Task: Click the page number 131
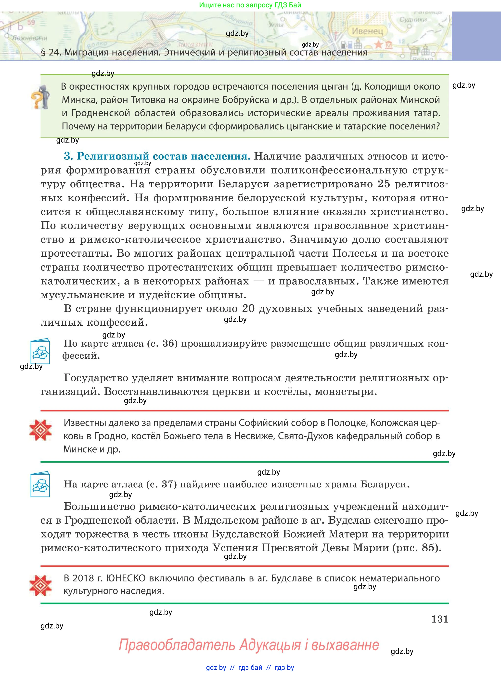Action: [x=439, y=619]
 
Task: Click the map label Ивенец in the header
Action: [x=367, y=31]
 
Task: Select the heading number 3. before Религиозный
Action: [x=68, y=156]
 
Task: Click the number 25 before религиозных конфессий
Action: [x=386, y=184]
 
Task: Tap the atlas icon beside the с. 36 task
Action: [x=40, y=351]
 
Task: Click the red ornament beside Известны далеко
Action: [x=40, y=430]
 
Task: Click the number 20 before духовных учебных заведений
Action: [x=248, y=309]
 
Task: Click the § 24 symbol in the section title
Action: [x=43, y=52]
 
